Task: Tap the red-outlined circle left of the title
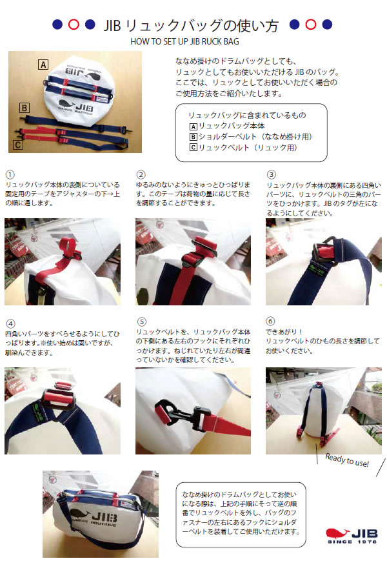pos(74,25)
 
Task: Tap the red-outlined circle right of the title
pos(311,25)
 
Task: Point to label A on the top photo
pos(43,64)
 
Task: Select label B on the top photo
pos(24,108)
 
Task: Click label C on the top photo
pos(17,145)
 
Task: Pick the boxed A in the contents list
pos(193,126)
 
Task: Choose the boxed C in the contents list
pos(193,148)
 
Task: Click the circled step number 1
pos(9,175)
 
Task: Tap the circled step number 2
pos(141,175)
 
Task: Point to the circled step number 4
pos(9,322)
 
